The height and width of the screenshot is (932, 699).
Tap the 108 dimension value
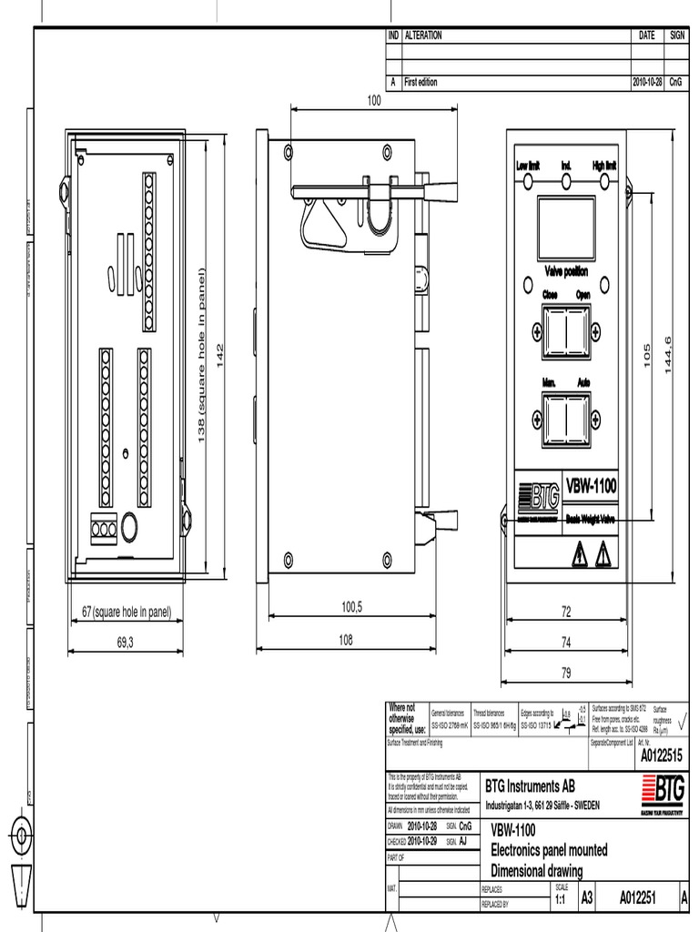(346, 640)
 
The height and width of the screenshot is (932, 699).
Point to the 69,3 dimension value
(126, 642)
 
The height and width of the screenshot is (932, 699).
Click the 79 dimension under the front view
(565, 674)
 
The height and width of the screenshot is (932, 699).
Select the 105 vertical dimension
(647, 355)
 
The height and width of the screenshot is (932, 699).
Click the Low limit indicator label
(528, 166)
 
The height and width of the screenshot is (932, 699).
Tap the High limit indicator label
(604, 166)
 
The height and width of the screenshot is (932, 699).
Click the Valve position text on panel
(566, 271)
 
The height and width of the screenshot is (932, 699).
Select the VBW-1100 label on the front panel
(591, 486)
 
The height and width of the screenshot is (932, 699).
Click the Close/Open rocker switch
(566, 329)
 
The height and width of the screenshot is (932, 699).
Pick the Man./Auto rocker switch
(566, 416)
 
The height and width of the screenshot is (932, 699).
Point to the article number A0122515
(661, 755)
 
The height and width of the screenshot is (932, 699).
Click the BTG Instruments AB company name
(530, 785)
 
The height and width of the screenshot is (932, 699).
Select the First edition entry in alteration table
(420, 82)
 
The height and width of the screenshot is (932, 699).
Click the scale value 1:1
(560, 899)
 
